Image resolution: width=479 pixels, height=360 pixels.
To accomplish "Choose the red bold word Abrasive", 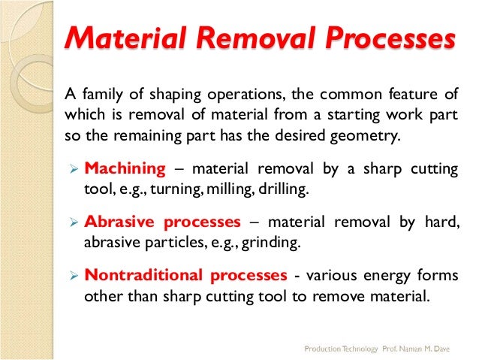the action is [x=119, y=222].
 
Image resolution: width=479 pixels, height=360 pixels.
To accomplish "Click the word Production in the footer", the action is [x=321, y=349].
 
